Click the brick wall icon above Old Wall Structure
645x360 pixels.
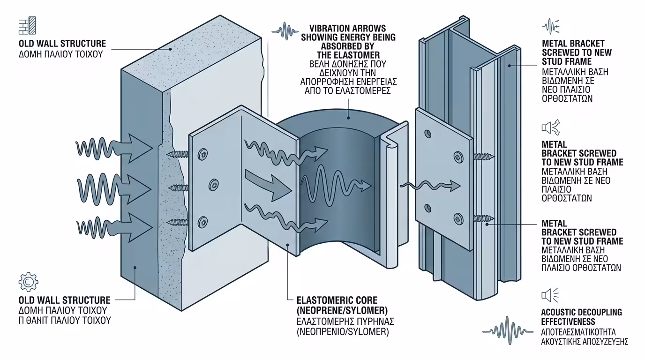click(27, 26)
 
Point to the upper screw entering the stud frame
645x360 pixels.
click(483, 156)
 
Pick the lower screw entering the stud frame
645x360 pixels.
click(483, 218)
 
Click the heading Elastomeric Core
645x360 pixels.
click(337, 300)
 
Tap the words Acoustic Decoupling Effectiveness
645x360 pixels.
click(581, 317)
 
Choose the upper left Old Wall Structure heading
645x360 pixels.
click(62, 44)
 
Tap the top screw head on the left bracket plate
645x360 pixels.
click(203, 153)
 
